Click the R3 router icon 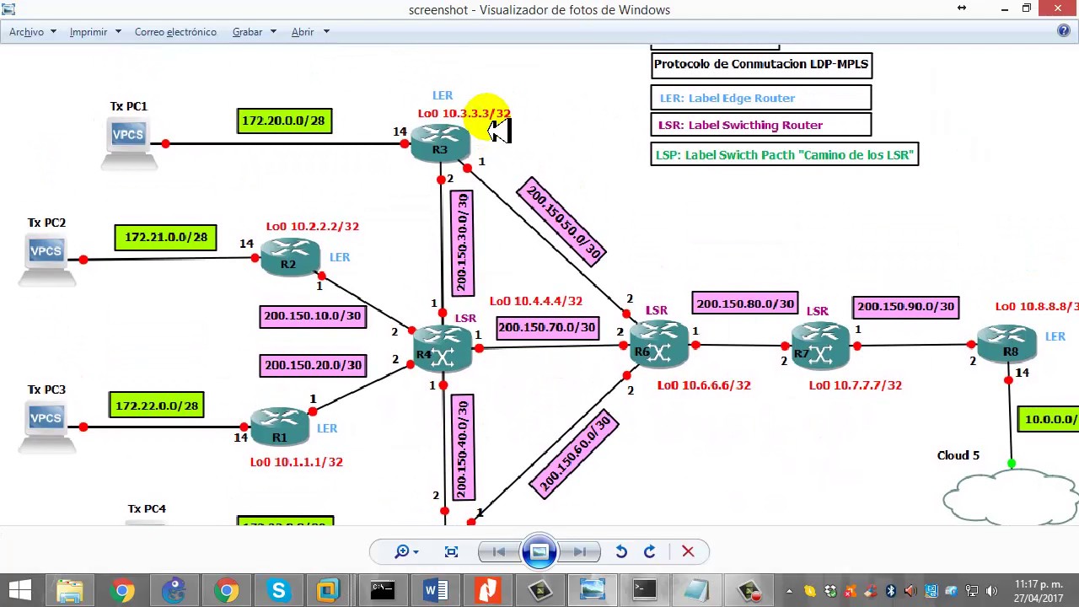click(x=440, y=143)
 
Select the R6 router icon click(x=658, y=346)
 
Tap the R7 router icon click(x=819, y=346)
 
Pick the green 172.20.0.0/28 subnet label click(x=284, y=121)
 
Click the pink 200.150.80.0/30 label click(x=745, y=303)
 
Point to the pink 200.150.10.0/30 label click(x=312, y=316)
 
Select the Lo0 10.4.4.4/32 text click(x=535, y=301)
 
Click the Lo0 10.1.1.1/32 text click(x=296, y=462)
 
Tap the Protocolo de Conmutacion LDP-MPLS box click(x=760, y=65)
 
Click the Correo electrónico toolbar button click(x=175, y=32)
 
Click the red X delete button click(x=688, y=551)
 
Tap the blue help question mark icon click(x=1064, y=31)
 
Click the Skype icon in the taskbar click(x=278, y=590)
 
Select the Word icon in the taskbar click(x=435, y=590)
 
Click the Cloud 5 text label click(x=958, y=455)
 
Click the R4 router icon click(x=443, y=349)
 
